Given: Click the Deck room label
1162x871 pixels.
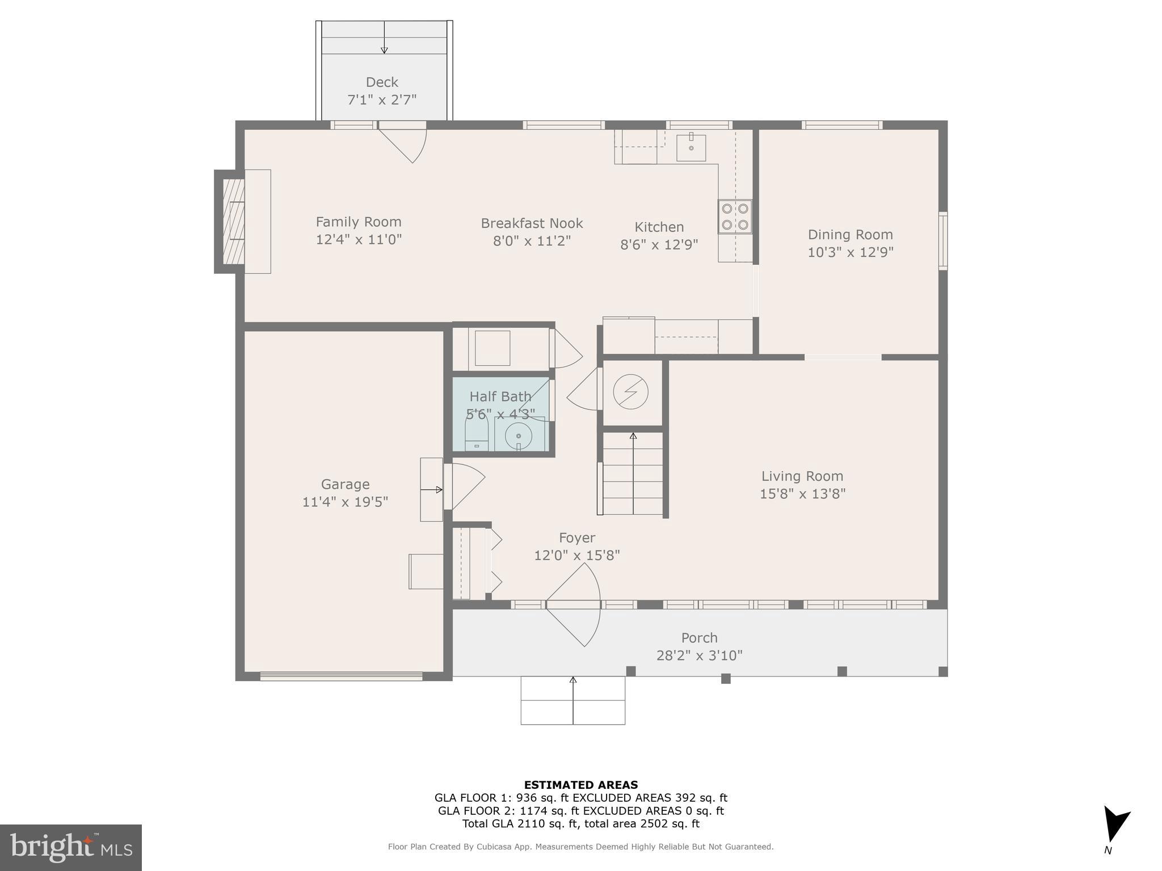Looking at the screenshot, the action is (382, 82).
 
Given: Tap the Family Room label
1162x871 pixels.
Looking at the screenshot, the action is (359, 222).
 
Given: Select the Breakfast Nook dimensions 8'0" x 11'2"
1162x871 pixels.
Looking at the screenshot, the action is (532, 241).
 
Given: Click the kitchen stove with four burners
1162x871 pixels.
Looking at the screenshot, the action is (735, 217).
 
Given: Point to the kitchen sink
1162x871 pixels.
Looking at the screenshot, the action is (691, 147).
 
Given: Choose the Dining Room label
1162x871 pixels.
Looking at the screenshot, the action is (851, 234).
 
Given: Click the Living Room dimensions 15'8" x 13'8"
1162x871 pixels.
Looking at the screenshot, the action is (803, 493).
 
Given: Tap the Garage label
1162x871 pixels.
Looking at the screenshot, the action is (346, 484).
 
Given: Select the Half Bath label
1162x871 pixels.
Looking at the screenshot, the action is (500, 396).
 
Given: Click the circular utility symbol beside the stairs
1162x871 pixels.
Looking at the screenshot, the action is (631, 392).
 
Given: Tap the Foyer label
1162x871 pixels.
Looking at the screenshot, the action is (577, 538).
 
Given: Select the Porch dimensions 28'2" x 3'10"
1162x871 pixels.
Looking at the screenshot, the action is (700, 656).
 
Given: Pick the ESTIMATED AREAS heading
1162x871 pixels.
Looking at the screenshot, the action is (581, 785).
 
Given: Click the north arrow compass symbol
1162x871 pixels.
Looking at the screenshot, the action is (1115, 825).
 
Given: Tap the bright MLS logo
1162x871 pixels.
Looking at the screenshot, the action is (71, 848).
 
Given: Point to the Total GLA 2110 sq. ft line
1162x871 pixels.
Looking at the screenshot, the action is (581, 824).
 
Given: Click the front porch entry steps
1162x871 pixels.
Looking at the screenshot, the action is (573, 700).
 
